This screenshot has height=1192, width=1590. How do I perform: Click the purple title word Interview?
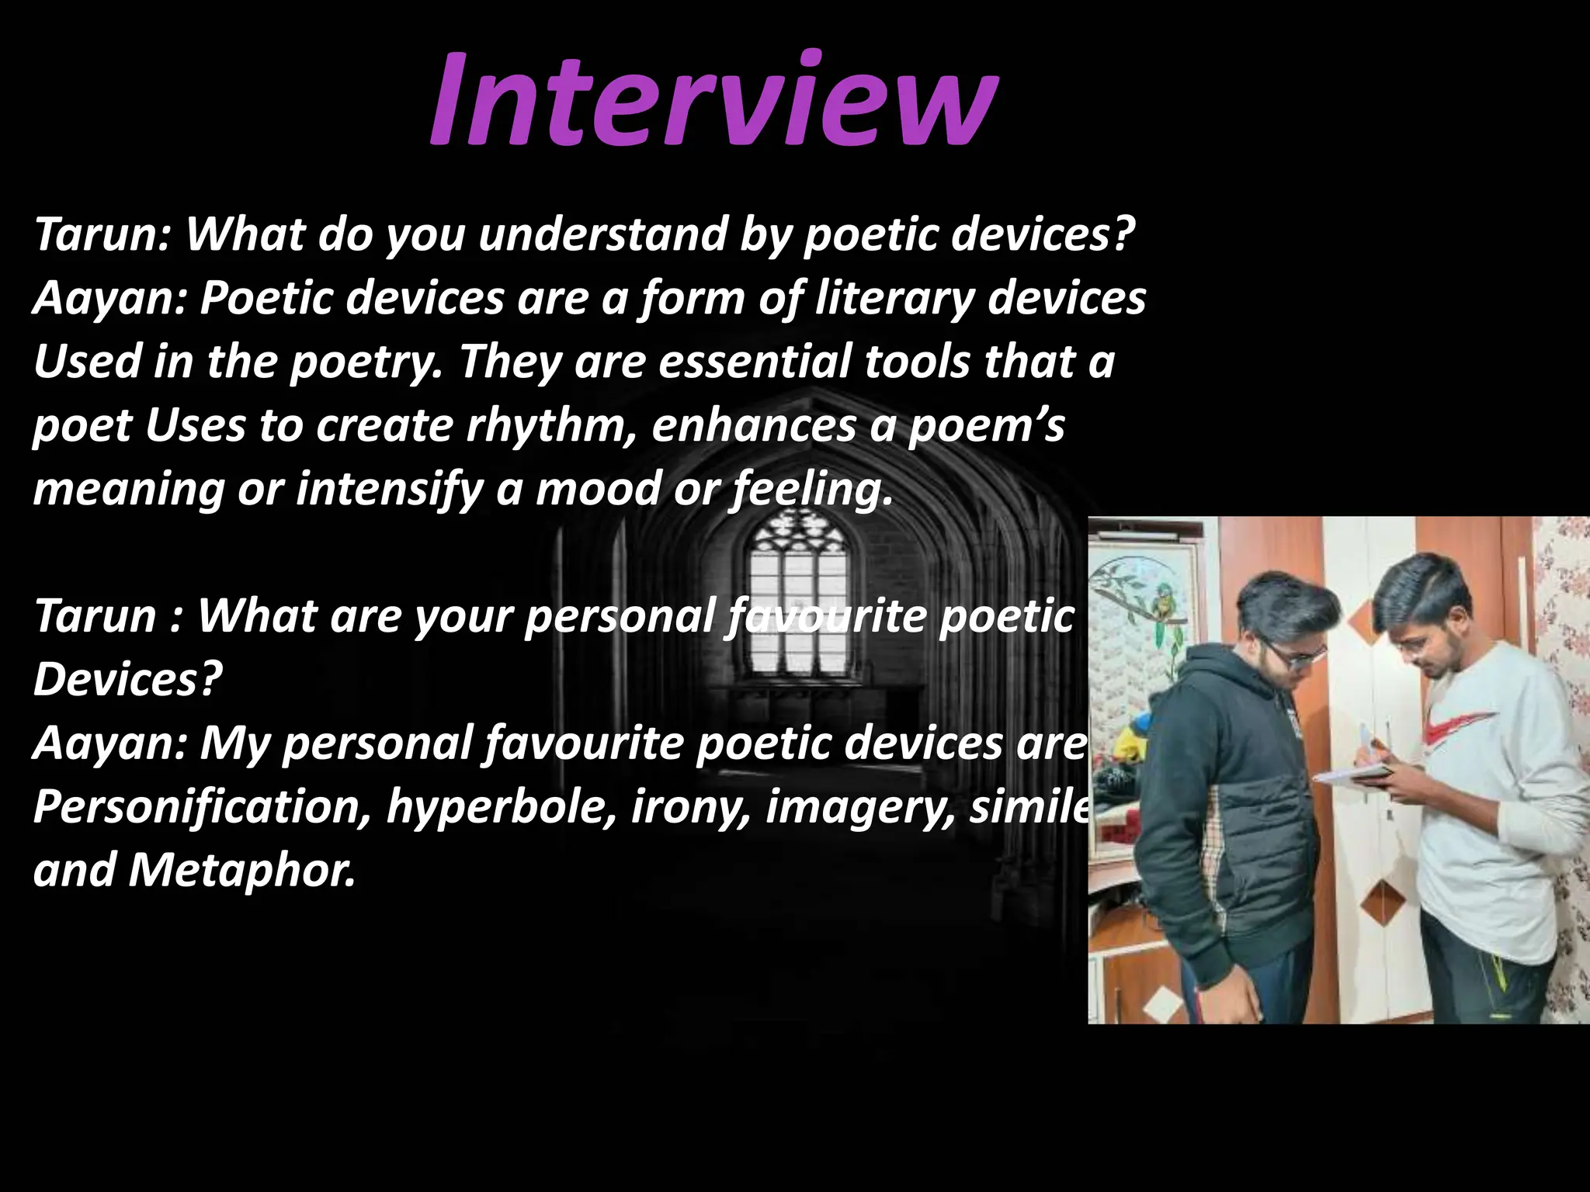710,101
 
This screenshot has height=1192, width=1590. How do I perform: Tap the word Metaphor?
241,871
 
